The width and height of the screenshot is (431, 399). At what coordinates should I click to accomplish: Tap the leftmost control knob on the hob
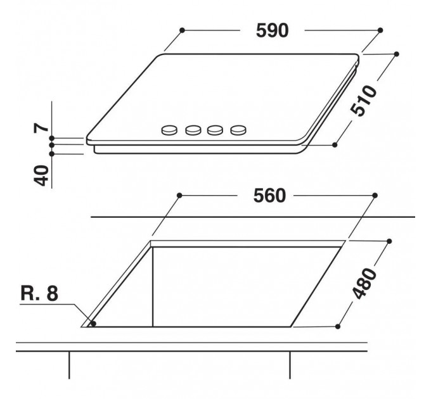tap(170, 130)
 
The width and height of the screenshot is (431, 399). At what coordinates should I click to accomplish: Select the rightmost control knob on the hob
tap(238, 130)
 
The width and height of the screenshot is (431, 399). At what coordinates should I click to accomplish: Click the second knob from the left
tap(193, 130)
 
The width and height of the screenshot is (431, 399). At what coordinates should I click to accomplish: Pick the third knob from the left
tap(216, 130)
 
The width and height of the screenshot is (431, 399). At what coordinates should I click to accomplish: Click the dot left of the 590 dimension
tap(182, 30)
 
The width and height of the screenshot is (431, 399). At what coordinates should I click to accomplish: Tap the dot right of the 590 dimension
tap(380, 30)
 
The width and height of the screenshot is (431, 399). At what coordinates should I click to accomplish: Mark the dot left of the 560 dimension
tap(180, 195)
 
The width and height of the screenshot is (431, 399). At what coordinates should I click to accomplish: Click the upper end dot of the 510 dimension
tap(397, 54)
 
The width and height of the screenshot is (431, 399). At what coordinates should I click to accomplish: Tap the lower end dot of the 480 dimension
tap(338, 326)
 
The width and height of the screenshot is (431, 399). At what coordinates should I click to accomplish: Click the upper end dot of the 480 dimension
tap(389, 241)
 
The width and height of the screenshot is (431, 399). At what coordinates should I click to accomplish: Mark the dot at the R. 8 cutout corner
tap(93, 323)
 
